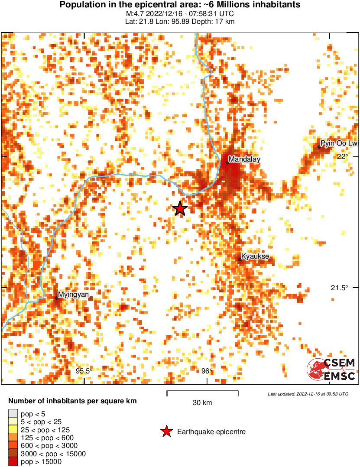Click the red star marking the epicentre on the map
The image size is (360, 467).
coord(180,209)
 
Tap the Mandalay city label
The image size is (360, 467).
coord(245,159)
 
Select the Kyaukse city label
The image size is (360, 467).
coord(255,257)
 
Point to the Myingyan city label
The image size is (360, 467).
coord(74,295)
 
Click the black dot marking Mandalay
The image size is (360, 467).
coord(227,163)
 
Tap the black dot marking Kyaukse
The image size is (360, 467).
coord(240,260)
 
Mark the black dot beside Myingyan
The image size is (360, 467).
coord(57,298)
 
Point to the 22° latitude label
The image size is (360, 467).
coord(343,156)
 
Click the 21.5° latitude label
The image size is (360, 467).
coord(340,288)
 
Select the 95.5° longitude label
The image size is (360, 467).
coord(84,371)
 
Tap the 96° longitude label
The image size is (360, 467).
coord(207,371)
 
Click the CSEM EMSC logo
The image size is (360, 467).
coord(331,370)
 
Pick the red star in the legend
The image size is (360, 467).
coord(166,431)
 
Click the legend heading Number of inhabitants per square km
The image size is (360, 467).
coord(73,401)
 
